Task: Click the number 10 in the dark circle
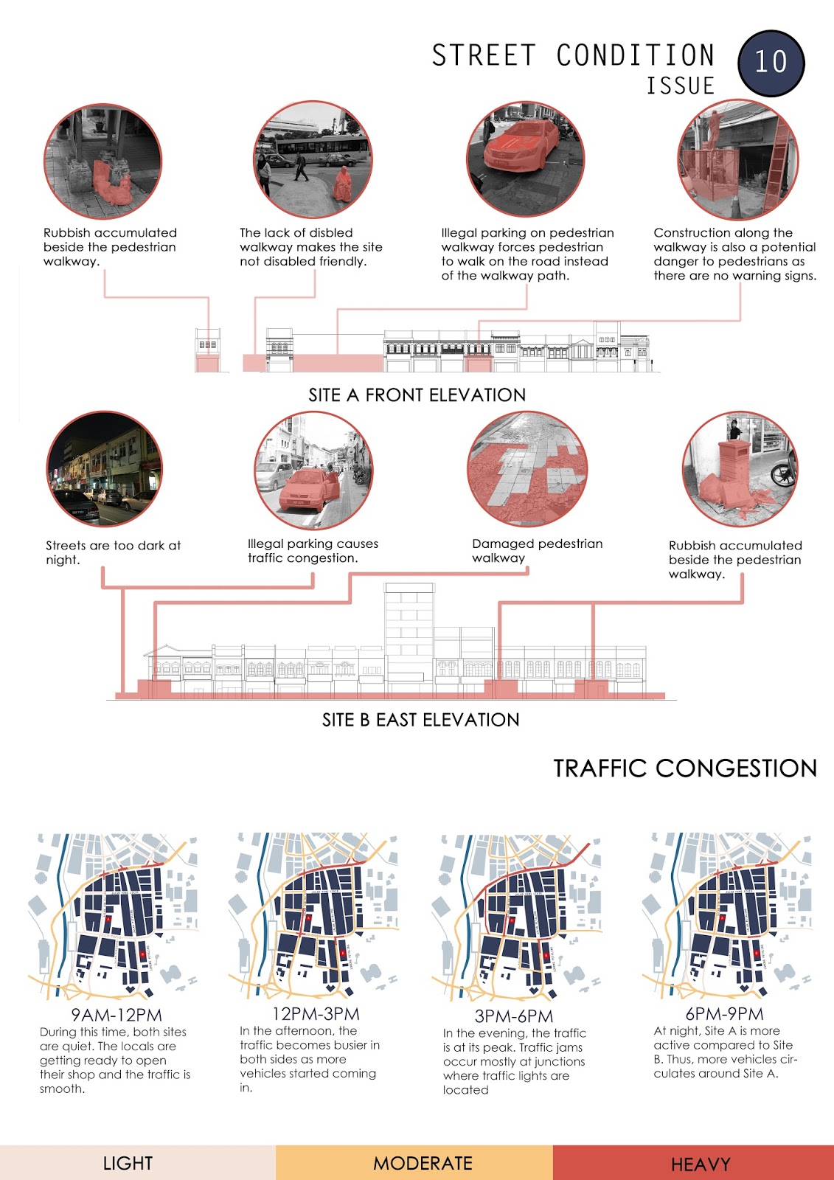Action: pos(771,63)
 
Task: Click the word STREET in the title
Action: pos(483,56)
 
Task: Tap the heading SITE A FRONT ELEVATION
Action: pos(417,395)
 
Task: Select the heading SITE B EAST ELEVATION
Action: pos(420,720)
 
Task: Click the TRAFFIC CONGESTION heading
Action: pos(685,768)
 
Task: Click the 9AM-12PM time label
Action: pos(117,1015)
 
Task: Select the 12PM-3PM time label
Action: pos(316,1013)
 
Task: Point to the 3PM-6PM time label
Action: pos(514,1016)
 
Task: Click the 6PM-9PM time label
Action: pos(724,1013)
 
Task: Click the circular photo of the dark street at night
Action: pos(104,469)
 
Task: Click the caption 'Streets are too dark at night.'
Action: pos(113,552)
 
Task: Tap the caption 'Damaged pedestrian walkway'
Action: pos(537,551)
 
